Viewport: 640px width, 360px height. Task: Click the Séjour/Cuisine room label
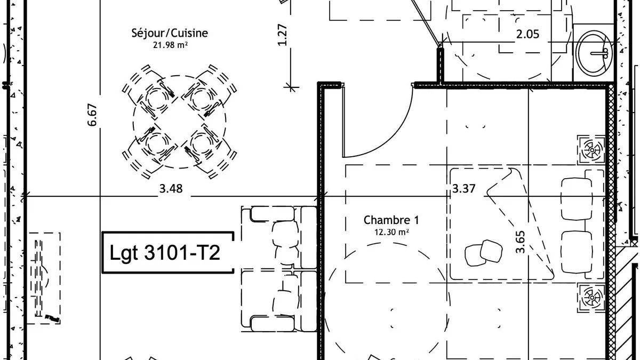(170, 33)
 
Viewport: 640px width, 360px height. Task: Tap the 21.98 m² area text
(170, 45)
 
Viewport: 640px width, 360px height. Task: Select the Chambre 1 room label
(391, 220)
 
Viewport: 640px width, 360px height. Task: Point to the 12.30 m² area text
(391, 232)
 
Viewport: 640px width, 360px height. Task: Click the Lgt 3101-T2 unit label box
(168, 252)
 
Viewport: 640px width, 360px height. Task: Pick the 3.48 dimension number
(171, 189)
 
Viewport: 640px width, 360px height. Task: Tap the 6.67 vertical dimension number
(92, 115)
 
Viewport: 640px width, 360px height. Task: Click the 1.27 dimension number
(282, 35)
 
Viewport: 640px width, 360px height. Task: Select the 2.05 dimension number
(527, 34)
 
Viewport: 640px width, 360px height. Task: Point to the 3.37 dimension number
(463, 189)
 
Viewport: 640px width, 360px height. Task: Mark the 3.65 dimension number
(521, 242)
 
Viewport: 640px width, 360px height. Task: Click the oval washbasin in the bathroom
(594, 53)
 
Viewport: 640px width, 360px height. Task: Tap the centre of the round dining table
(179, 122)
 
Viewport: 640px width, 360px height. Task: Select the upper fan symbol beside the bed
(591, 150)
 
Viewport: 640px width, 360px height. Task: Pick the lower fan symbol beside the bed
(591, 298)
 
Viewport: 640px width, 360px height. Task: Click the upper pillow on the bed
(577, 199)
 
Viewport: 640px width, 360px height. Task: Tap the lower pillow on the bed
(577, 252)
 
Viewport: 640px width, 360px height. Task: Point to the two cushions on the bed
(483, 253)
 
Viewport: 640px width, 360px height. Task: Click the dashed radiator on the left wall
(44, 278)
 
